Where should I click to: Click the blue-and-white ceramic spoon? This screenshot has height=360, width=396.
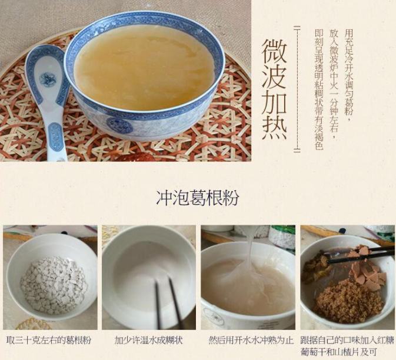(x=48, y=94)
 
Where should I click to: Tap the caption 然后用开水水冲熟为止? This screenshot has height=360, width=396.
(x=249, y=340)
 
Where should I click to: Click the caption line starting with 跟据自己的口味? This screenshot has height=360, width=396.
(x=347, y=340)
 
